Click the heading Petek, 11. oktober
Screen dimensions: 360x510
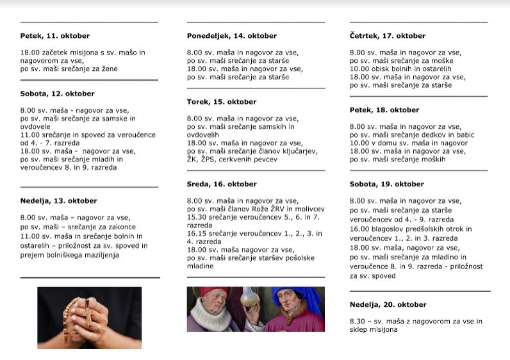54,36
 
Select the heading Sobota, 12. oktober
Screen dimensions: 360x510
57,94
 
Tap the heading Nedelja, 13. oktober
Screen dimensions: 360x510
58,200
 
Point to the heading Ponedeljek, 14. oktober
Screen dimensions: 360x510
231,36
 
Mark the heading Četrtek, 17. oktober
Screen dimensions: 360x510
387,36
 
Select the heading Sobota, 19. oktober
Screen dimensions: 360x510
386,184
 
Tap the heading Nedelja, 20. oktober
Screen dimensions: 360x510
388,304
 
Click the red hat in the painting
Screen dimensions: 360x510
214,293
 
